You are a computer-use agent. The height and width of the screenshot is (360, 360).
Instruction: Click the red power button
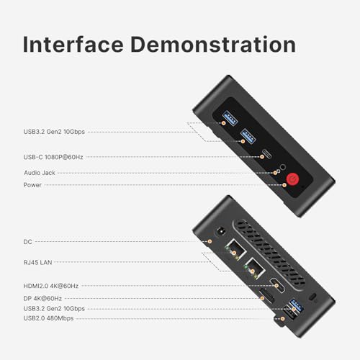click(292, 179)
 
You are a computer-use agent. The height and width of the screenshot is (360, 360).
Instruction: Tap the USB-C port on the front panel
click(266, 154)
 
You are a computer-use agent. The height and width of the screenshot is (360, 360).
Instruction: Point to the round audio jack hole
click(283, 166)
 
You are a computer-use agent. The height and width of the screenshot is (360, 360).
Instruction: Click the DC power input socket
click(221, 231)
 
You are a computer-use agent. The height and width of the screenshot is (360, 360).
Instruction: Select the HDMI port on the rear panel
click(277, 285)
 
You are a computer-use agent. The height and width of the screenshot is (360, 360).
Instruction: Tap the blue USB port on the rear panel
click(297, 305)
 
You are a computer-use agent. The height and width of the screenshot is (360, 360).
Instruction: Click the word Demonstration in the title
click(213, 45)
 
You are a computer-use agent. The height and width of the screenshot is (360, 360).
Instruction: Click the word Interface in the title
click(73, 45)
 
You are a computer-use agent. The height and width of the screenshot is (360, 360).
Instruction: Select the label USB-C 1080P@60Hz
click(53, 157)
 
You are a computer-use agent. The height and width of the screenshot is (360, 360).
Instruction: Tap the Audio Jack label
click(40, 173)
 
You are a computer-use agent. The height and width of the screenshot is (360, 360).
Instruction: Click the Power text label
click(32, 185)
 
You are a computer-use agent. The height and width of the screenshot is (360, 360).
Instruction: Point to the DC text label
click(27, 242)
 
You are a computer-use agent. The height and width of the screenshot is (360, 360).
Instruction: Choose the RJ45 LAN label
click(37, 262)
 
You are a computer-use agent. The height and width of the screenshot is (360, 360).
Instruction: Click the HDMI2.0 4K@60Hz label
click(51, 286)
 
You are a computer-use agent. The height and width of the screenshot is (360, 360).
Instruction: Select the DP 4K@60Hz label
click(42, 299)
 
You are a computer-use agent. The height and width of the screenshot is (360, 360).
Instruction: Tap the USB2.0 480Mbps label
click(48, 318)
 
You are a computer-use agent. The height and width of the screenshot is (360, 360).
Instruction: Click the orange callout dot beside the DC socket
click(210, 241)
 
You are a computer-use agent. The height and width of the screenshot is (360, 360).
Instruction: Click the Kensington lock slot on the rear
click(312, 297)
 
